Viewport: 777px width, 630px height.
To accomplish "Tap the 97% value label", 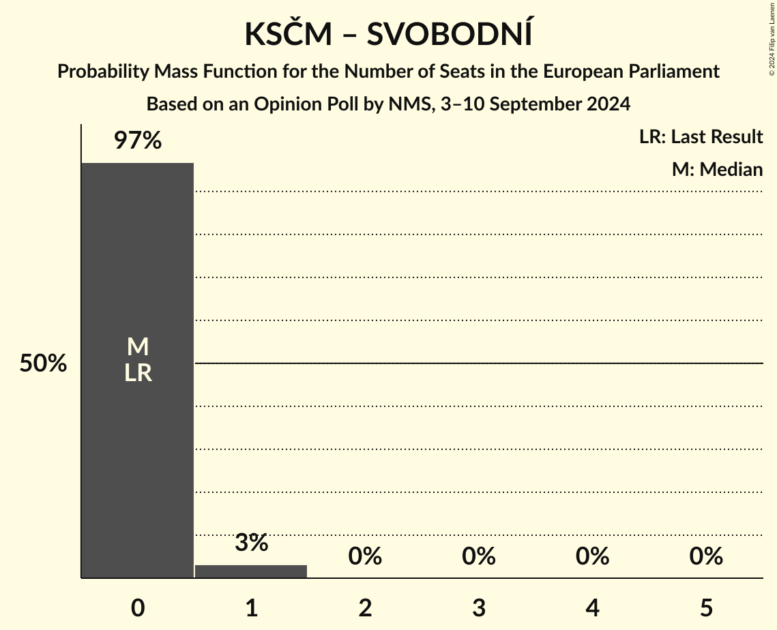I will click(x=137, y=141).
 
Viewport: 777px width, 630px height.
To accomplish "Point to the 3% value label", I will click(x=251, y=543).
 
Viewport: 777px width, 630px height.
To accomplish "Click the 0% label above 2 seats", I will click(x=365, y=556).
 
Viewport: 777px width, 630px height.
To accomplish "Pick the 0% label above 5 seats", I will click(x=706, y=556).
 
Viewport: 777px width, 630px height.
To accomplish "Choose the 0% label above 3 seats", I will click(x=478, y=556).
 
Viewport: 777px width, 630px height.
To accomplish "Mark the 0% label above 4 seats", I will click(x=592, y=556).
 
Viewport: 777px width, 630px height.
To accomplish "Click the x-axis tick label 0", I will click(x=137, y=607).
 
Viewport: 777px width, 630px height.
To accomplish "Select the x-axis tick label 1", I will click(x=251, y=607).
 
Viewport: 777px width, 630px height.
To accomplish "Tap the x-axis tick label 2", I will click(x=365, y=607).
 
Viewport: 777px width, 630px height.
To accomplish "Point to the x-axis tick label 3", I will click(x=478, y=607).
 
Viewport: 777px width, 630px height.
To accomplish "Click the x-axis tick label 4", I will click(x=592, y=607).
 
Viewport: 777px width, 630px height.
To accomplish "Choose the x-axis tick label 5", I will click(x=706, y=607).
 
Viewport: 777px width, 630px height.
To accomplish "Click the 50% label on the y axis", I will click(x=43, y=363).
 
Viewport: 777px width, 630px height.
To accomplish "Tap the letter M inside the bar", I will click(x=137, y=347).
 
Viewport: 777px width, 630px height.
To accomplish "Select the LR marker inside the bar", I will click(x=137, y=373).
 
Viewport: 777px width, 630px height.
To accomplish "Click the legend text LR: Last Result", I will click(x=701, y=137).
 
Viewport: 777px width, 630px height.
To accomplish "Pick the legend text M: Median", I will click(x=717, y=169).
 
